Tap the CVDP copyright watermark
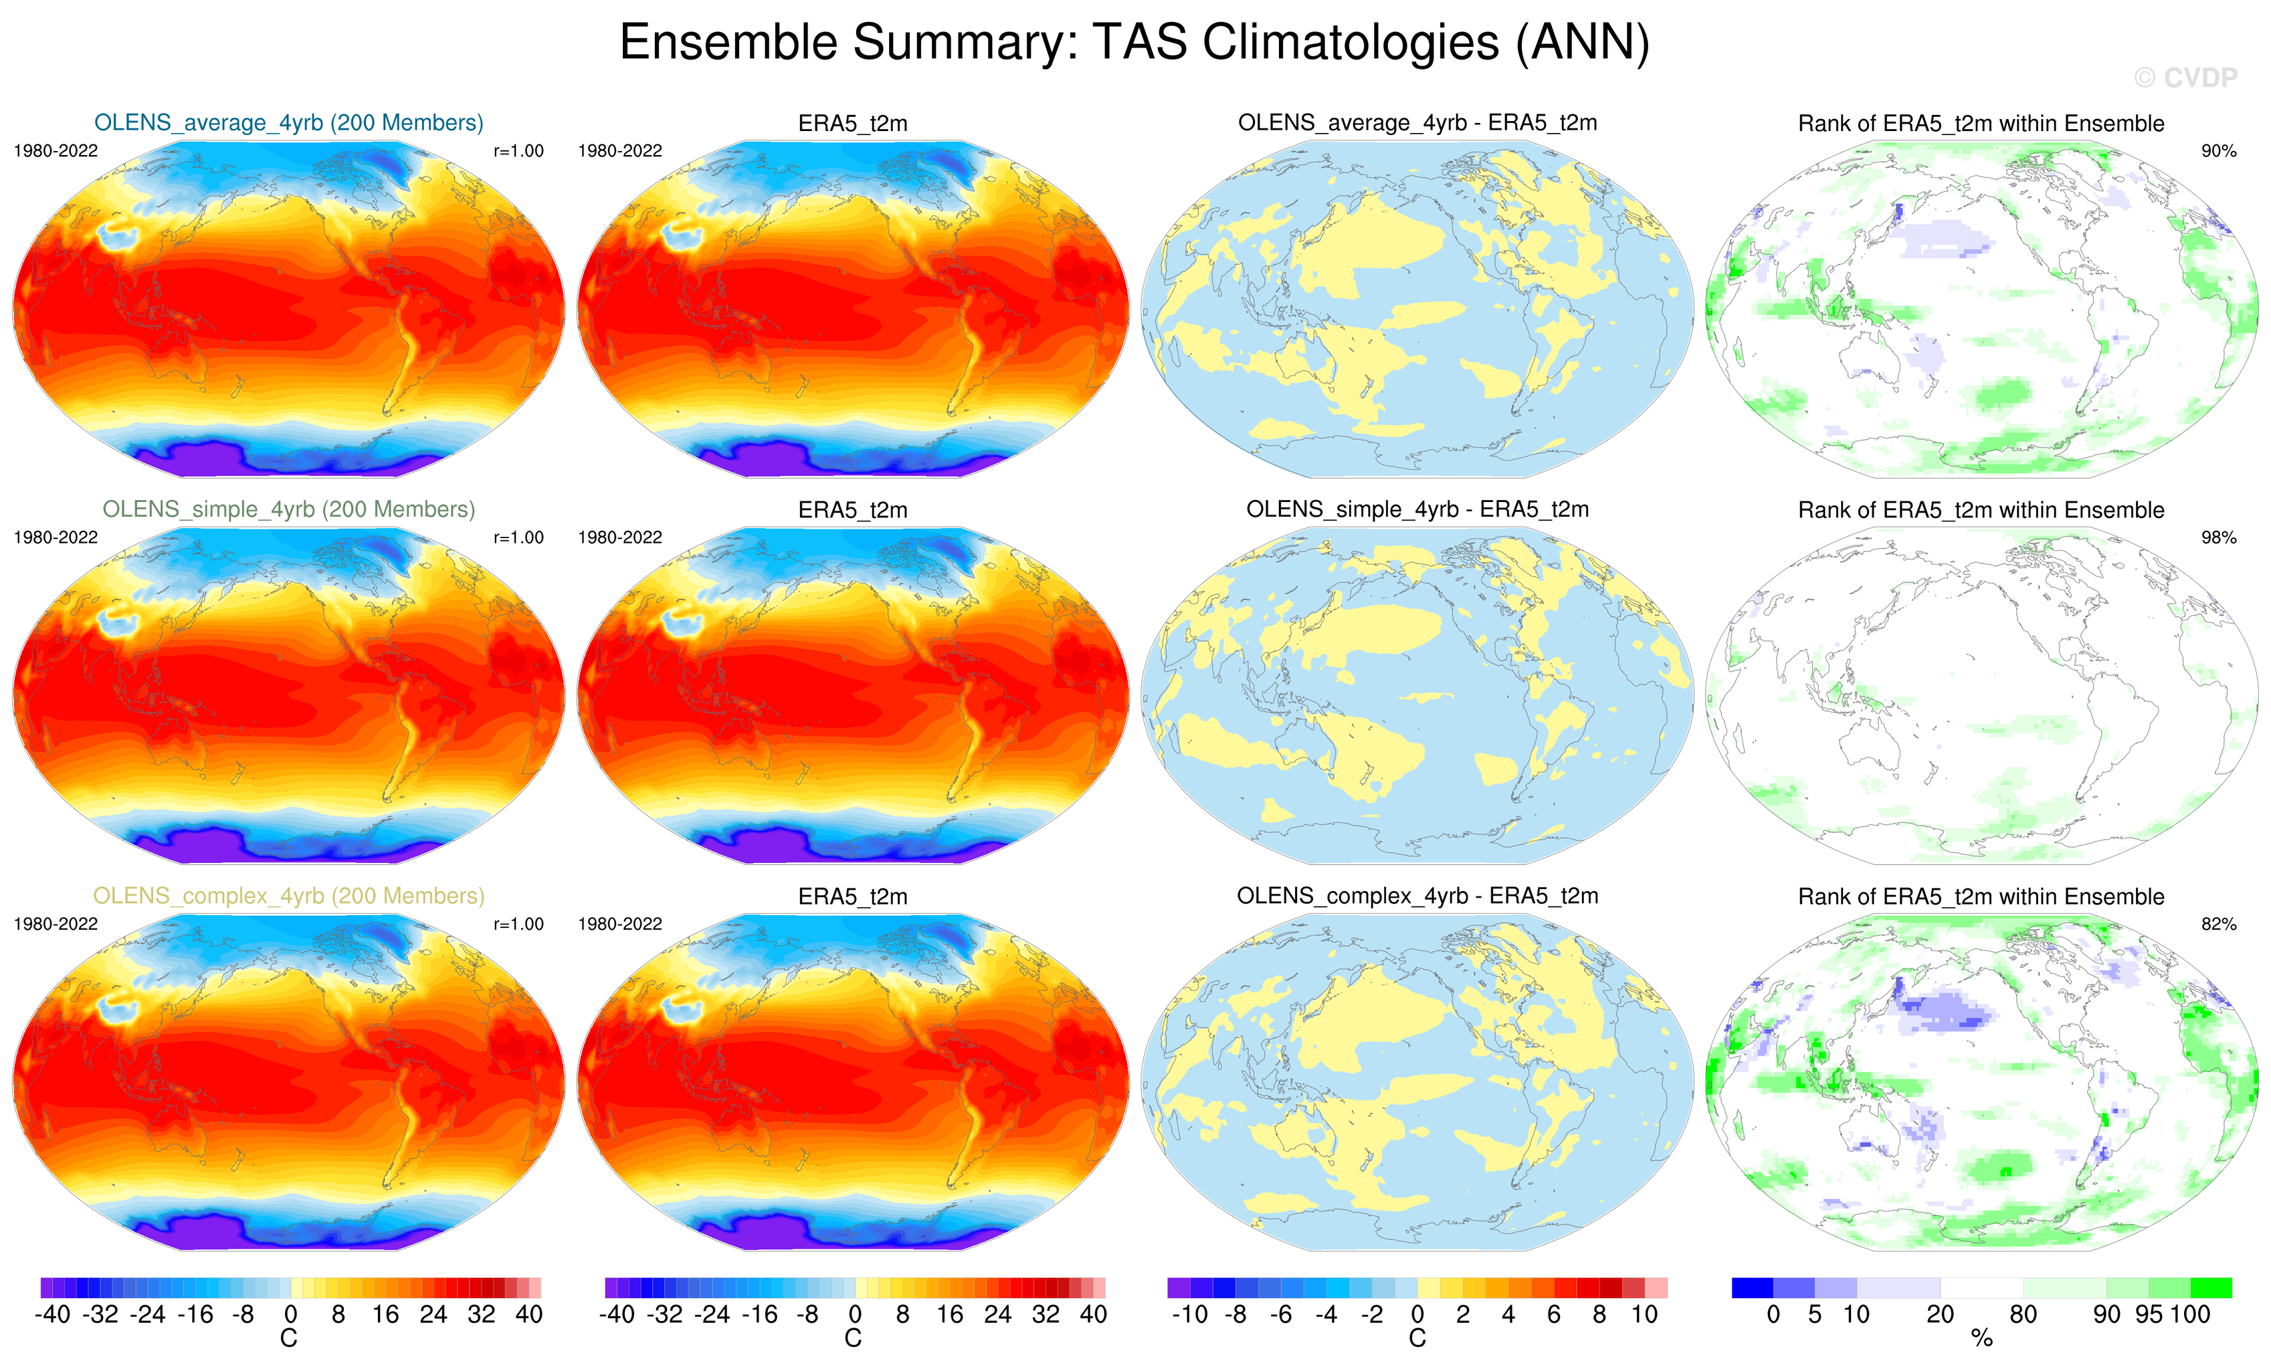[x=2184, y=78]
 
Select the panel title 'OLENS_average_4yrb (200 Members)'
[x=288, y=122]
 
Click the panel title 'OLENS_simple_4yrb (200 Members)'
[x=288, y=509]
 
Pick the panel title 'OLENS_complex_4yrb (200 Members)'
[x=288, y=896]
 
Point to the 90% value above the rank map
[x=2218, y=151]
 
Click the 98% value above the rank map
[x=2218, y=537]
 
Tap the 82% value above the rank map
[x=2218, y=924]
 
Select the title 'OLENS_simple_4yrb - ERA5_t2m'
[x=1417, y=509]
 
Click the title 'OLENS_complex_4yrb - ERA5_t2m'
[x=1417, y=896]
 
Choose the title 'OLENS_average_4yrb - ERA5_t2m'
[x=1417, y=122]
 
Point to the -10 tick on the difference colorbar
[x=1189, y=1315]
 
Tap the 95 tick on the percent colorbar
[x=2149, y=1315]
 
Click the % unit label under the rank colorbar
[x=1981, y=1339]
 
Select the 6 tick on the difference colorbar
[x=1554, y=1315]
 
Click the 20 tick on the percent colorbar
[x=1940, y=1315]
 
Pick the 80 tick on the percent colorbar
[x=2023, y=1315]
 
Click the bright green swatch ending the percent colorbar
[x=2210, y=1287]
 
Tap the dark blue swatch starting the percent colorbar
[x=1752, y=1287]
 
